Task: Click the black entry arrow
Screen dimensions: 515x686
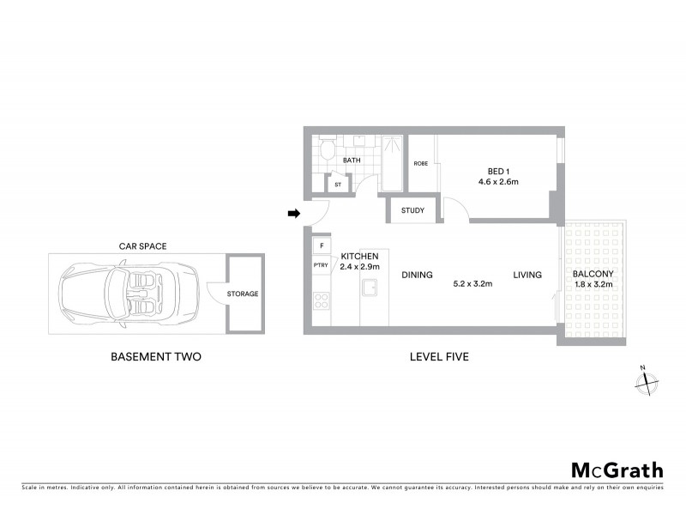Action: [x=293, y=214]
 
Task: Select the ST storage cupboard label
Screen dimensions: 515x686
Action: [x=338, y=184]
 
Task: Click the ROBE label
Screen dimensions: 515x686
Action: [x=421, y=163]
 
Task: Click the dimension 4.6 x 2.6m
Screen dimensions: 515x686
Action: [x=498, y=182]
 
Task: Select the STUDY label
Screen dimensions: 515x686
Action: [x=412, y=210]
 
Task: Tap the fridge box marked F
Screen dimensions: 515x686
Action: [x=322, y=246]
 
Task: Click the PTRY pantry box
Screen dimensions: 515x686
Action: [x=322, y=266]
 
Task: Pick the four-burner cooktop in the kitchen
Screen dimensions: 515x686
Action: [x=322, y=300]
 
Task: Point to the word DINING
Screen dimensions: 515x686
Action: [x=416, y=276]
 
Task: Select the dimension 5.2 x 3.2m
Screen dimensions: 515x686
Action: [x=472, y=283]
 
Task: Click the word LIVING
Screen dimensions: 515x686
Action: [x=527, y=276]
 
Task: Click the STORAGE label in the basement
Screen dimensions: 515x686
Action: [x=242, y=294]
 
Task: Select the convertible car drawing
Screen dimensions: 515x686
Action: [x=129, y=293]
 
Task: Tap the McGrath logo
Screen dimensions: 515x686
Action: [x=617, y=470]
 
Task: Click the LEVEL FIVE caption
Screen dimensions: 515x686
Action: [x=439, y=356]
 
